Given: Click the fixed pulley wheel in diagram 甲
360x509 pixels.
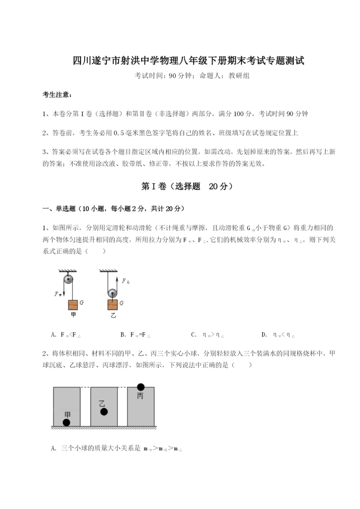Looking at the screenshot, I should click(x=68, y=279).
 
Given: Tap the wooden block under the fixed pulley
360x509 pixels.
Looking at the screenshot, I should click(x=73, y=305).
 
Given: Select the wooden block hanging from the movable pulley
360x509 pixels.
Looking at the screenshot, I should click(x=112, y=304).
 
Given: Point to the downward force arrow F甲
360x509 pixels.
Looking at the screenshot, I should click(x=63, y=294).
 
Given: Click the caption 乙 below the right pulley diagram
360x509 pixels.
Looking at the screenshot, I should click(x=113, y=315).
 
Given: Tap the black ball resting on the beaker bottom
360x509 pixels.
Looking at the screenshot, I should click(x=67, y=422).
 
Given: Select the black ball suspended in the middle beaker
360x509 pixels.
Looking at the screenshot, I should click(x=104, y=411).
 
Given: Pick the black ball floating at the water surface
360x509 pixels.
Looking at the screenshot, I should click(x=141, y=386).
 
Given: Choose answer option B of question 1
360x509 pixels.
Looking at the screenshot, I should click(x=135, y=335).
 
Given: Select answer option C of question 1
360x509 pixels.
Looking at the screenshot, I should click(x=207, y=335).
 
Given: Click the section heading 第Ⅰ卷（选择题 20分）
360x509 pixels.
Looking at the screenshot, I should click(x=180, y=186).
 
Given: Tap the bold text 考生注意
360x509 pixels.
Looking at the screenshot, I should click(x=56, y=95).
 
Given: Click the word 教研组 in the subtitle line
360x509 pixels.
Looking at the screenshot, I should click(x=239, y=76).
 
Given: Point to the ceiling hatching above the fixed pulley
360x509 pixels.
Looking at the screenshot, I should click(x=68, y=271).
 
